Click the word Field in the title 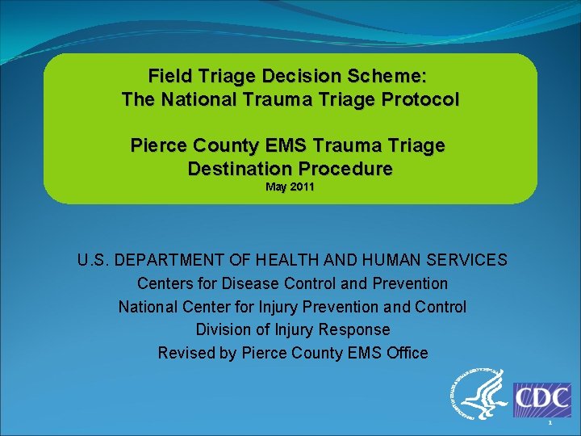[170, 77]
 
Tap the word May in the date [277, 187]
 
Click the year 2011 [302, 187]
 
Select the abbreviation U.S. [94, 260]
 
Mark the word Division [224, 329]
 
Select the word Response [356, 329]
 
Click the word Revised [185, 353]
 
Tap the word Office [403, 353]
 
